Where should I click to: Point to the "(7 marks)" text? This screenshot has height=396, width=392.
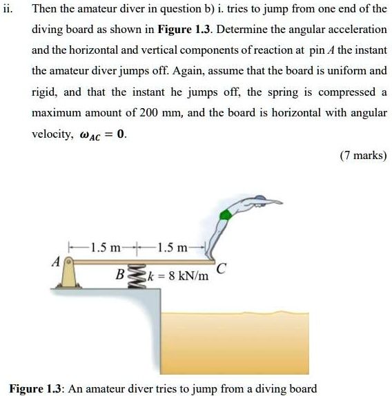363,156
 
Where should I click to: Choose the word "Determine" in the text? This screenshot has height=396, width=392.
243,30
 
